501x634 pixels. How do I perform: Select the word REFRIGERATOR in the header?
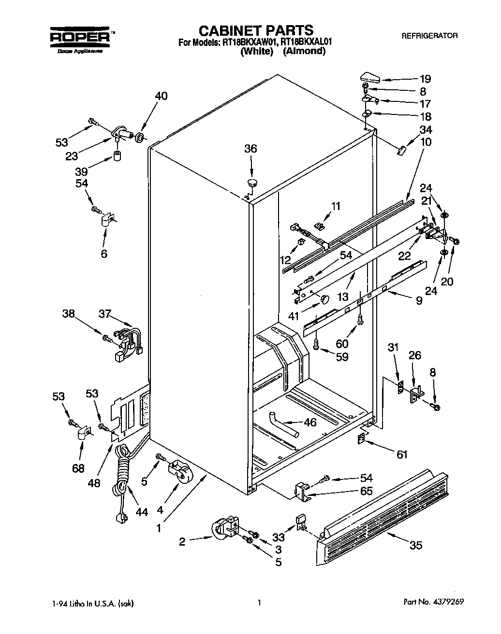click(429, 36)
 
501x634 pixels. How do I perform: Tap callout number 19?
click(425, 79)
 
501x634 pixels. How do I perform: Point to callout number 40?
click(161, 96)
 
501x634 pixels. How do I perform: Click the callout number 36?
click(250, 149)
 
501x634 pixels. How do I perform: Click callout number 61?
click(402, 454)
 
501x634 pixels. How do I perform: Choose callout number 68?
click(78, 468)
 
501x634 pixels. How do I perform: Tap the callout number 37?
click(105, 314)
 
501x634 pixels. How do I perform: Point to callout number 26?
click(414, 355)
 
